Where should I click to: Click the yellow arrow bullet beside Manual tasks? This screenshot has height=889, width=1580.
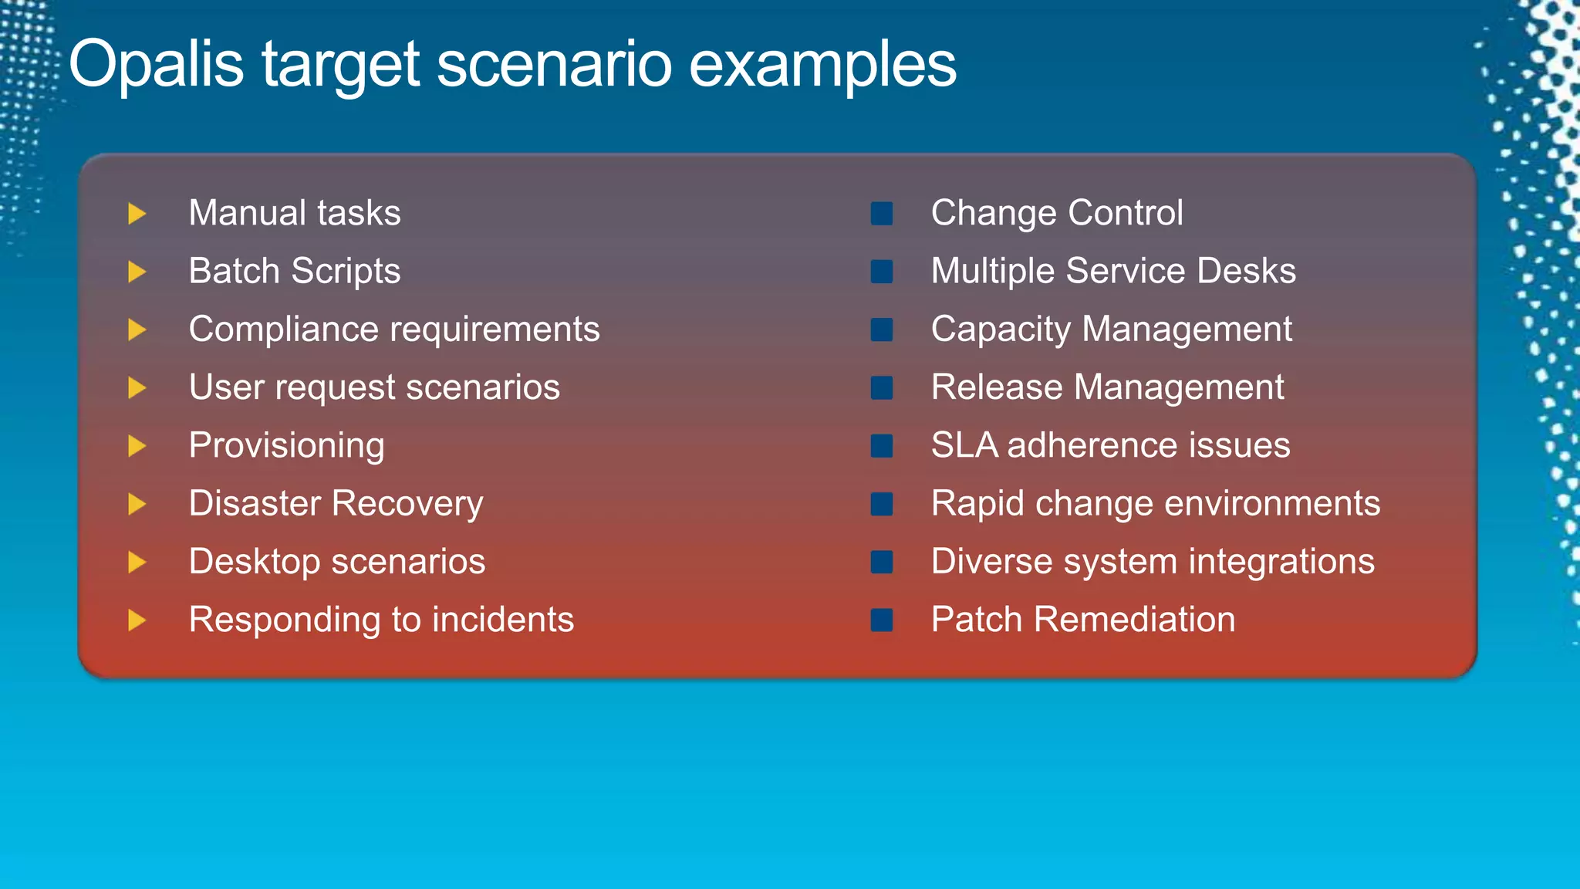point(137,214)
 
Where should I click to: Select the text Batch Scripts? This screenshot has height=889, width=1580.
point(295,272)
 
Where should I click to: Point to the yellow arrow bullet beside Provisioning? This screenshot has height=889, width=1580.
point(137,446)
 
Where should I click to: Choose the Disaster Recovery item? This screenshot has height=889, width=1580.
point(336,504)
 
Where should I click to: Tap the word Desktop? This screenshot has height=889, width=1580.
point(254,562)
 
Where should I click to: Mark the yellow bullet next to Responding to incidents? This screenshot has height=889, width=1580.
point(137,620)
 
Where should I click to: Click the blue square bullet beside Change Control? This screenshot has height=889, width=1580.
point(881,214)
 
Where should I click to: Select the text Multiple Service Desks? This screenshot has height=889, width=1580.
point(1113,272)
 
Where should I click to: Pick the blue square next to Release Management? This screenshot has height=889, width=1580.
point(881,387)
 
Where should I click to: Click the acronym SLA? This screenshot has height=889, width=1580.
point(964,445)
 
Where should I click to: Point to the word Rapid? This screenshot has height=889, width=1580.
point(977,504)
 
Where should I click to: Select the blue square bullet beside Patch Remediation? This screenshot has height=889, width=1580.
point(881,620)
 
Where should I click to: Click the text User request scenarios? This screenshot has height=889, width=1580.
point(374,387)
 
